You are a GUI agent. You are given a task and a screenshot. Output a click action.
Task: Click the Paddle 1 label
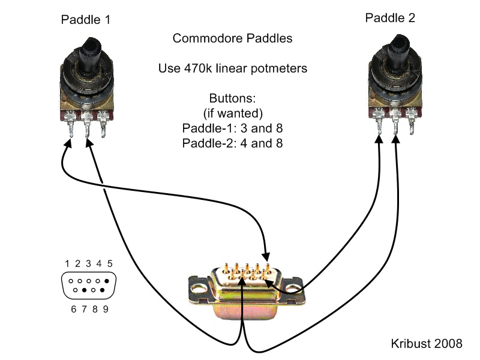coord(86,20)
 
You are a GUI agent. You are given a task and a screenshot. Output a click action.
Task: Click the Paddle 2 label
coord(389,18)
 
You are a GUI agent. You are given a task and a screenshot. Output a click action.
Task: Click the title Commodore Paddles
coord(232,38)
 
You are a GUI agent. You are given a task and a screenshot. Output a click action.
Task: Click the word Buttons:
coord(232,98)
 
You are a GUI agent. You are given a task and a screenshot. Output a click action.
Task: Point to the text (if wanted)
coord(232,113)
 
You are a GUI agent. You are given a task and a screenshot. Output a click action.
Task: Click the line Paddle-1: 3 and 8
coord(232,128)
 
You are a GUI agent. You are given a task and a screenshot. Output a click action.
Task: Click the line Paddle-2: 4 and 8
coord(232,143)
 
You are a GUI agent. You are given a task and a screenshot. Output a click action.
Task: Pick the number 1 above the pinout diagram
coord(68,263)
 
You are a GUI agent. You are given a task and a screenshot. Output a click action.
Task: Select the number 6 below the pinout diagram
coord(73,310)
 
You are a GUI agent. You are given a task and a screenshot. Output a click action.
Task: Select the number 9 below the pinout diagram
coord(105,310)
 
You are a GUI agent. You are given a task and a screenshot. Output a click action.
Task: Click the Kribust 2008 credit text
coord(425,344)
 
